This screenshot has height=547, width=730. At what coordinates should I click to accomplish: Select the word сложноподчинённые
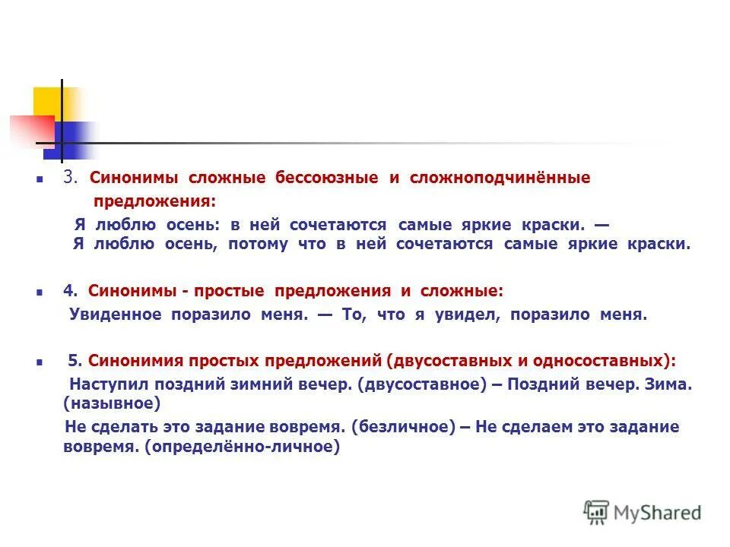tap(500, 178)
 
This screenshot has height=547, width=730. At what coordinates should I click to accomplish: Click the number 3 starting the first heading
tap(69, 178)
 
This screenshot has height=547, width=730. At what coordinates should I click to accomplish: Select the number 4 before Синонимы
tap(68, 290)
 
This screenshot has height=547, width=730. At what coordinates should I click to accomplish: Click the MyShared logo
tap(643, 512)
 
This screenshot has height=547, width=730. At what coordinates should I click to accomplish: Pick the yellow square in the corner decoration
tap(47, 101)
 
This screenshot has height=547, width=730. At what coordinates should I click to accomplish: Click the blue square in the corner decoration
tap(73, 139)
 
